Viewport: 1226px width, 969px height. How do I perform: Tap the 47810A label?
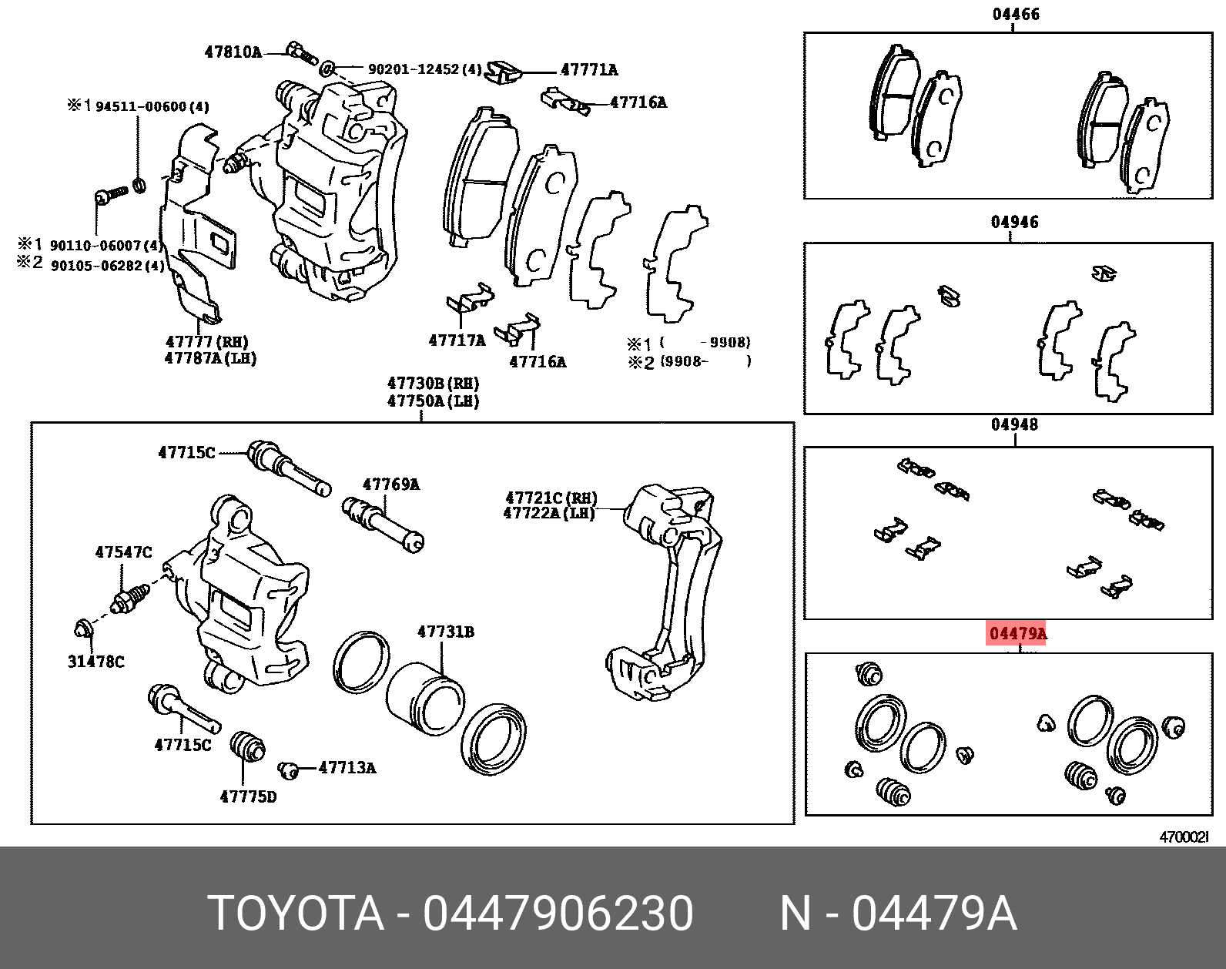coord(233,52)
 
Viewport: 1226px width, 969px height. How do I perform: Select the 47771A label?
coord(589,70)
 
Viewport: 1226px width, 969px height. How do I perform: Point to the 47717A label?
coord(457,340)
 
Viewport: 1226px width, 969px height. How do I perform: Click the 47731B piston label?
coord(446,632)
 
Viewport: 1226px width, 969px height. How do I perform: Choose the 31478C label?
coord(95,661)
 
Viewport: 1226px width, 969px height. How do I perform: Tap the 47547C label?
coord(123,552)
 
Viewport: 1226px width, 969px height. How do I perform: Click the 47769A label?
coord(391,484)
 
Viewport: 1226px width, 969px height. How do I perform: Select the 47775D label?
coord(248,796)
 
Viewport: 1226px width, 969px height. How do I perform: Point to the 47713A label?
coord(347,767)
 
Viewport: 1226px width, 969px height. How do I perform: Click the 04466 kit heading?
coord(1014,14)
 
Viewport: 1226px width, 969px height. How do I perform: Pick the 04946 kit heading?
coord(1014,223)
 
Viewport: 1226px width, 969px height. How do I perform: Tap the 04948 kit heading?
coord(1014,424)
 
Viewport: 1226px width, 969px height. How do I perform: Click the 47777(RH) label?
coord(207,342)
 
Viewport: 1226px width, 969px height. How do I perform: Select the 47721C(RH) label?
coord(551,498)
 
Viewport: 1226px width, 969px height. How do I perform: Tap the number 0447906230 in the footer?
coord(558,914)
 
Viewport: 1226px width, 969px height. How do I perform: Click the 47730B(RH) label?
coord(433,383)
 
